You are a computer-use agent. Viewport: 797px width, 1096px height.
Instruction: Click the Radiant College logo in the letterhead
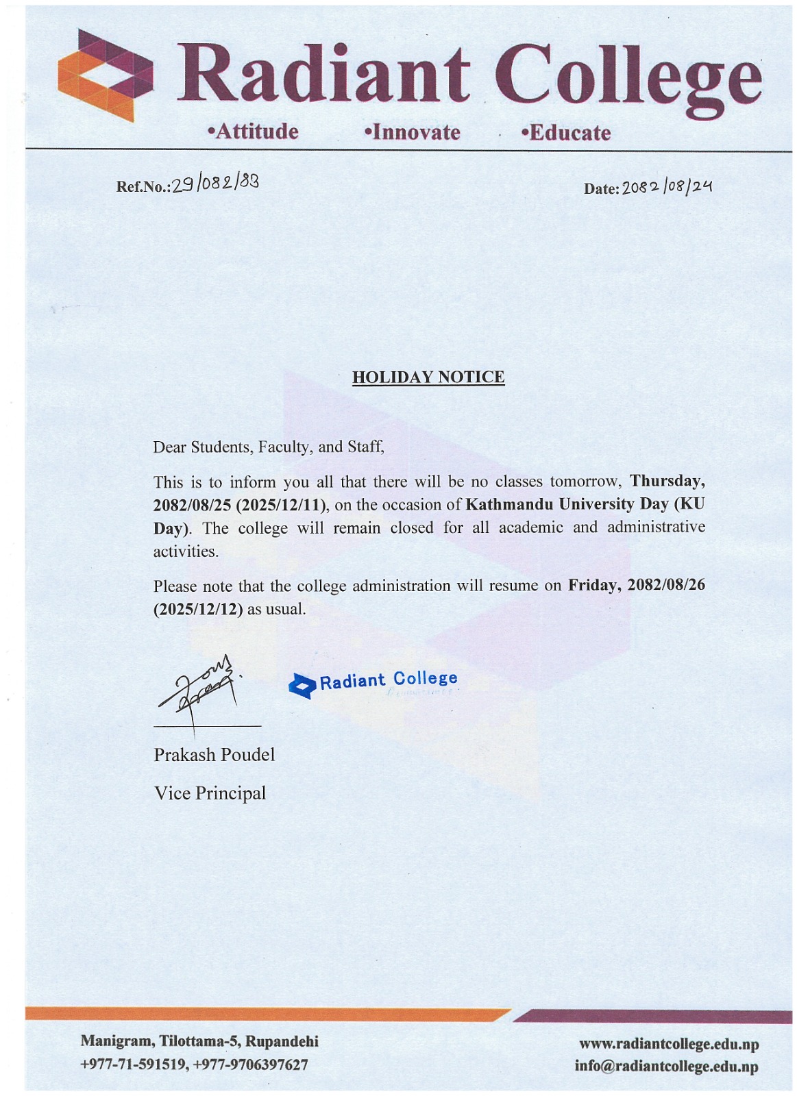click(x=105, y=75)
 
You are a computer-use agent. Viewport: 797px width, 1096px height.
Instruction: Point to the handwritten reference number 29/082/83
click(x=215, y=183)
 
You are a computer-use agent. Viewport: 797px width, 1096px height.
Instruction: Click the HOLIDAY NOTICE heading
click(x=428, y=377)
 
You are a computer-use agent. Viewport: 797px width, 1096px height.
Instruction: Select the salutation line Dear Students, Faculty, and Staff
click(x=269, y=447)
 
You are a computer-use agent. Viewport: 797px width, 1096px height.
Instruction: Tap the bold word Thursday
click(x=667, y=480)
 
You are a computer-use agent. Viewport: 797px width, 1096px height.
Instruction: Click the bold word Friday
click(x=593, y=585)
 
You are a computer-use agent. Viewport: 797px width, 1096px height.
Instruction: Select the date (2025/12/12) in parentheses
click(x=198, y=609)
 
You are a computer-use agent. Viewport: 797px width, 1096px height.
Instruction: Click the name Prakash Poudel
click(x=214, y=754)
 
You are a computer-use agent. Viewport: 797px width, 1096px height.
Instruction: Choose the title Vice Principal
click(x=210, y=793)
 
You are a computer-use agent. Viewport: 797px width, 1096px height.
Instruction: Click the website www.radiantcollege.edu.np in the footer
click(x=669, y=1044)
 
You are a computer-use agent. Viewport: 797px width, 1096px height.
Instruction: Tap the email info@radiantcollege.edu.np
click(x=666, y=1067)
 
